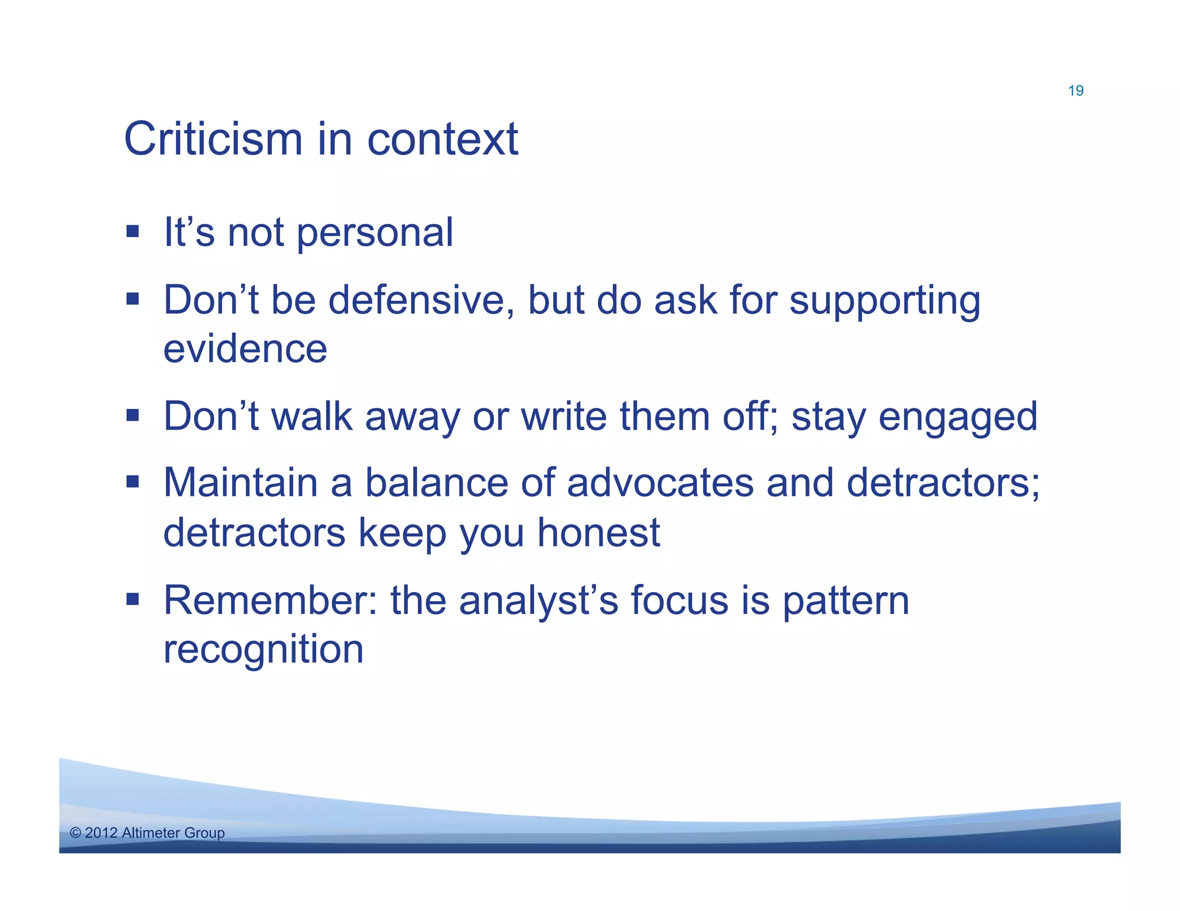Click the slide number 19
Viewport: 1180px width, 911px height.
(x=1075, y=91)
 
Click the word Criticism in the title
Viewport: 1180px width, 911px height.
(x=213, y=139)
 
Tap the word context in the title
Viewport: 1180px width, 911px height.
(x=442, y=139)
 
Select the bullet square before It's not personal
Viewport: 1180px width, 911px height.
(x=133, y=231)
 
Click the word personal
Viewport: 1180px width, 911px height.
(x=375, y=233)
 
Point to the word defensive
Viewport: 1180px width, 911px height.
(x=421, y=300)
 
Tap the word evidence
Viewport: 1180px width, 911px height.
(x=245, y=349)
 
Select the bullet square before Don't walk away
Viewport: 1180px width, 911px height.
(x=133, y=415)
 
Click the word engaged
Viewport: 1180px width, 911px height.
(x=958, y=417)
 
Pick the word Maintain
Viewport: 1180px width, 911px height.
(x=240, y=483)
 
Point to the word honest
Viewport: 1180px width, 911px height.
(x=598, y=533)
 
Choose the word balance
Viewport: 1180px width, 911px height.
(x=436, y=483)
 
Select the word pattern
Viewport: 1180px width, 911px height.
(x=845, y=602)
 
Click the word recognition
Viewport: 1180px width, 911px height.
(x=263, y=650)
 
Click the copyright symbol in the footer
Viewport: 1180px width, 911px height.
(x=75, y=833)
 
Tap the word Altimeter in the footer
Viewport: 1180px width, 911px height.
(x=151, y=833)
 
